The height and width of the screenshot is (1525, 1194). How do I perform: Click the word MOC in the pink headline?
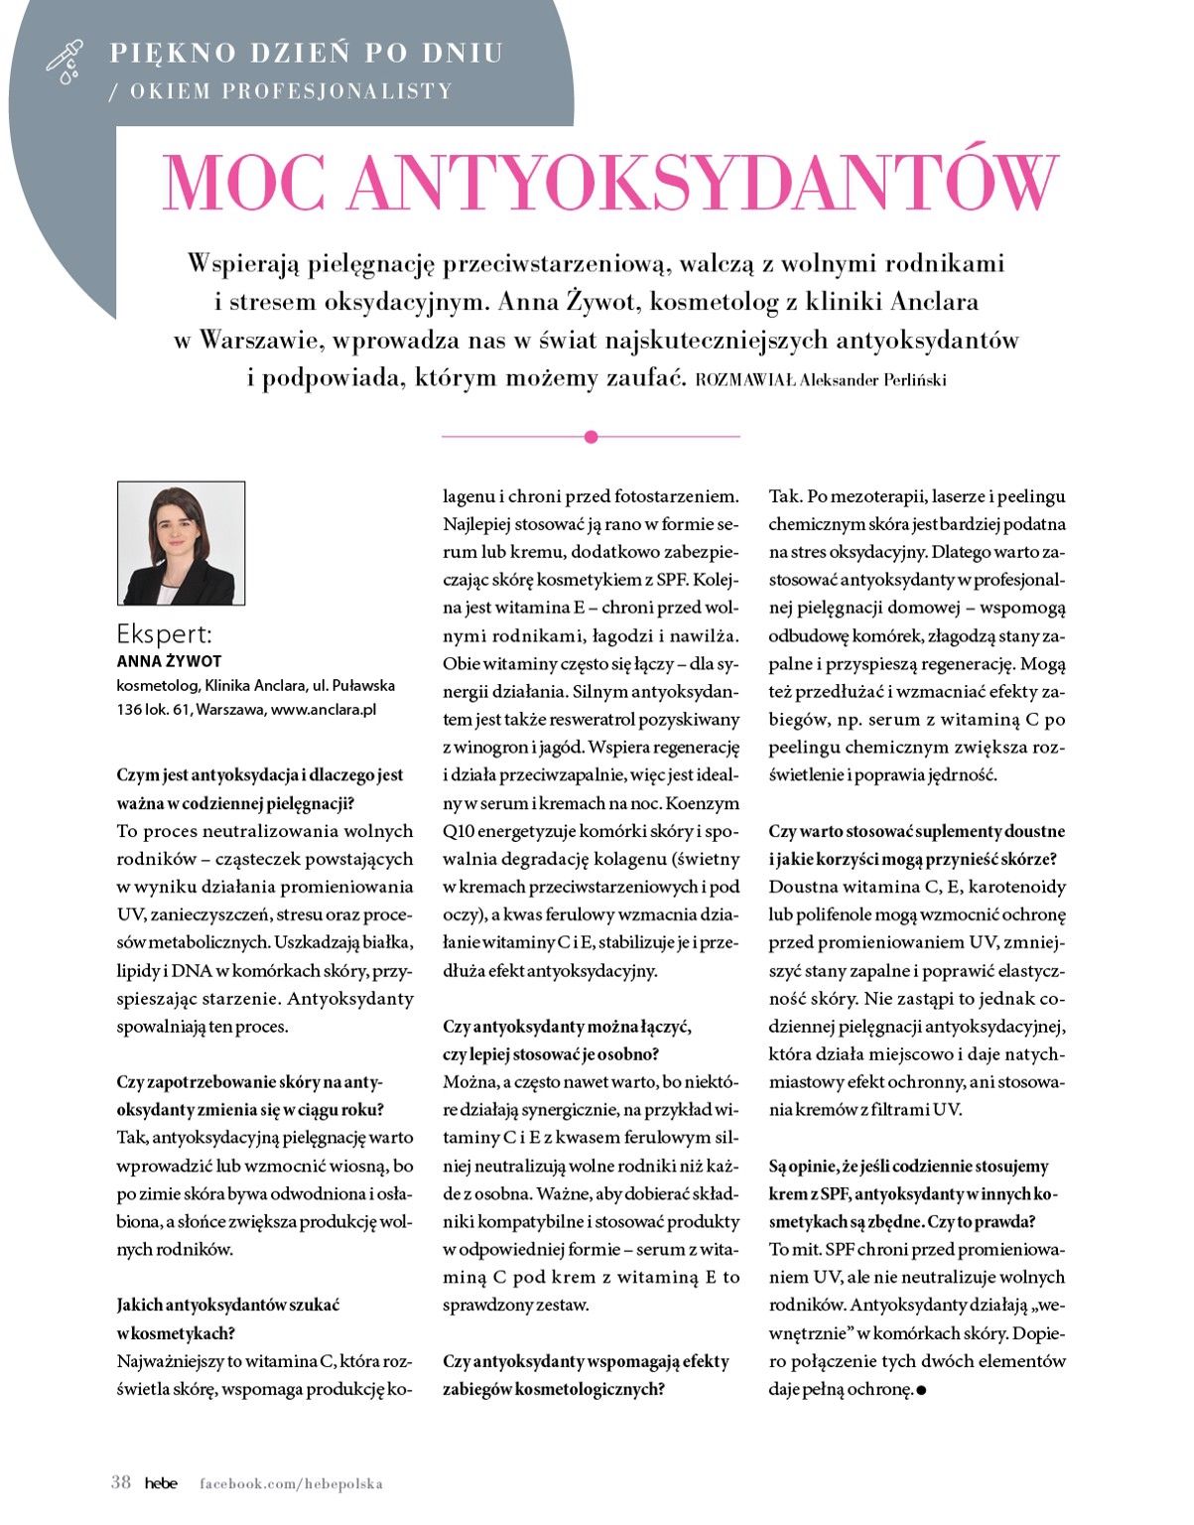(243, 182)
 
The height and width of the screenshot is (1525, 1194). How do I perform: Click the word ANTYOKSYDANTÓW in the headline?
(703, 182)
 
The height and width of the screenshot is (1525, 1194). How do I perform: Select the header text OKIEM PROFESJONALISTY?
(290, 91)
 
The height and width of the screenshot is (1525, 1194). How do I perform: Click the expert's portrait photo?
(181, 543)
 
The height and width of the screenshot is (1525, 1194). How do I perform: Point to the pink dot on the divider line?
(592, 437)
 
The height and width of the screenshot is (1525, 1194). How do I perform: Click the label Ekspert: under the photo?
(164, 634)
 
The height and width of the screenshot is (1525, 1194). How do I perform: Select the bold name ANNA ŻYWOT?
(169, 661)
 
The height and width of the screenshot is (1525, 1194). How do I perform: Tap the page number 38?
(121, 1482)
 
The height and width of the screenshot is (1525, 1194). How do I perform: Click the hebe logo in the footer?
(161, 1483)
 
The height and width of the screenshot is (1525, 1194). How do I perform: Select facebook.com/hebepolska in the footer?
(291, 1483)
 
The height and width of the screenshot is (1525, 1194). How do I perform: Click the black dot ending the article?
(921, 1390)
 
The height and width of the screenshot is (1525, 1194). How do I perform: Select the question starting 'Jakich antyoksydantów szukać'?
(227, 1318)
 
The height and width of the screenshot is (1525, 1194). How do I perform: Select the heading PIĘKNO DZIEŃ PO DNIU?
(306, 52)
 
